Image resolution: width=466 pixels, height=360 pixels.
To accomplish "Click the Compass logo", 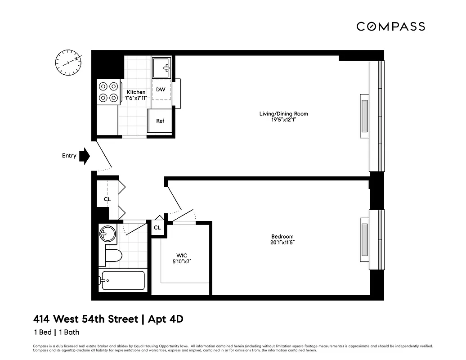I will [x=390, y=27].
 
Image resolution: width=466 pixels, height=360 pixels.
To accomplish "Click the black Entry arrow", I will [x=84, y=156].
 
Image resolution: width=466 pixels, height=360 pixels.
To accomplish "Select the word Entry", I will [x=69, y=156].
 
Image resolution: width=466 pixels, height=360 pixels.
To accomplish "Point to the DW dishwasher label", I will [x=161, y=90].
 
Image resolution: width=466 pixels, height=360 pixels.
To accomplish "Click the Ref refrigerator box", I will [x=160, y=121].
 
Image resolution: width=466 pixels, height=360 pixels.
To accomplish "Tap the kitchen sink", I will [x=161, y=67].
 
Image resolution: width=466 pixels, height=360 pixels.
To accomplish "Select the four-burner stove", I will [x=108, y=92].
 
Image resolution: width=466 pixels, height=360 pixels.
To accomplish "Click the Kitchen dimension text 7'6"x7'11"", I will [x=136, y=98].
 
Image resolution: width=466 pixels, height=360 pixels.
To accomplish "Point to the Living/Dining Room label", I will [x=283, y=113].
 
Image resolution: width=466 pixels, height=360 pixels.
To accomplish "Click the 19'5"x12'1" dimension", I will [x=283, y=120].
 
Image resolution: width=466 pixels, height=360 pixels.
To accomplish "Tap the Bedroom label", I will [x=282, y=237].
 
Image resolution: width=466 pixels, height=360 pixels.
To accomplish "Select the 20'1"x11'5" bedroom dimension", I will [x=282, y=243].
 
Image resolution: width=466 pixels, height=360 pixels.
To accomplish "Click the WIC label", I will [x=181, y=256].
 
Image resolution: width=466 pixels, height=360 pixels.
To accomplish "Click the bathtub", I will [x=122, y=281].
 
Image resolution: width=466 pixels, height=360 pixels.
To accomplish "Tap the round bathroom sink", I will [x=107, y=234].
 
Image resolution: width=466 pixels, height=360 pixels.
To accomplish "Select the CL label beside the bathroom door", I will [x=157, y=228].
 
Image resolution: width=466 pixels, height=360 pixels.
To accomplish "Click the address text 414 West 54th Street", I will [x=85, y=319].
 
